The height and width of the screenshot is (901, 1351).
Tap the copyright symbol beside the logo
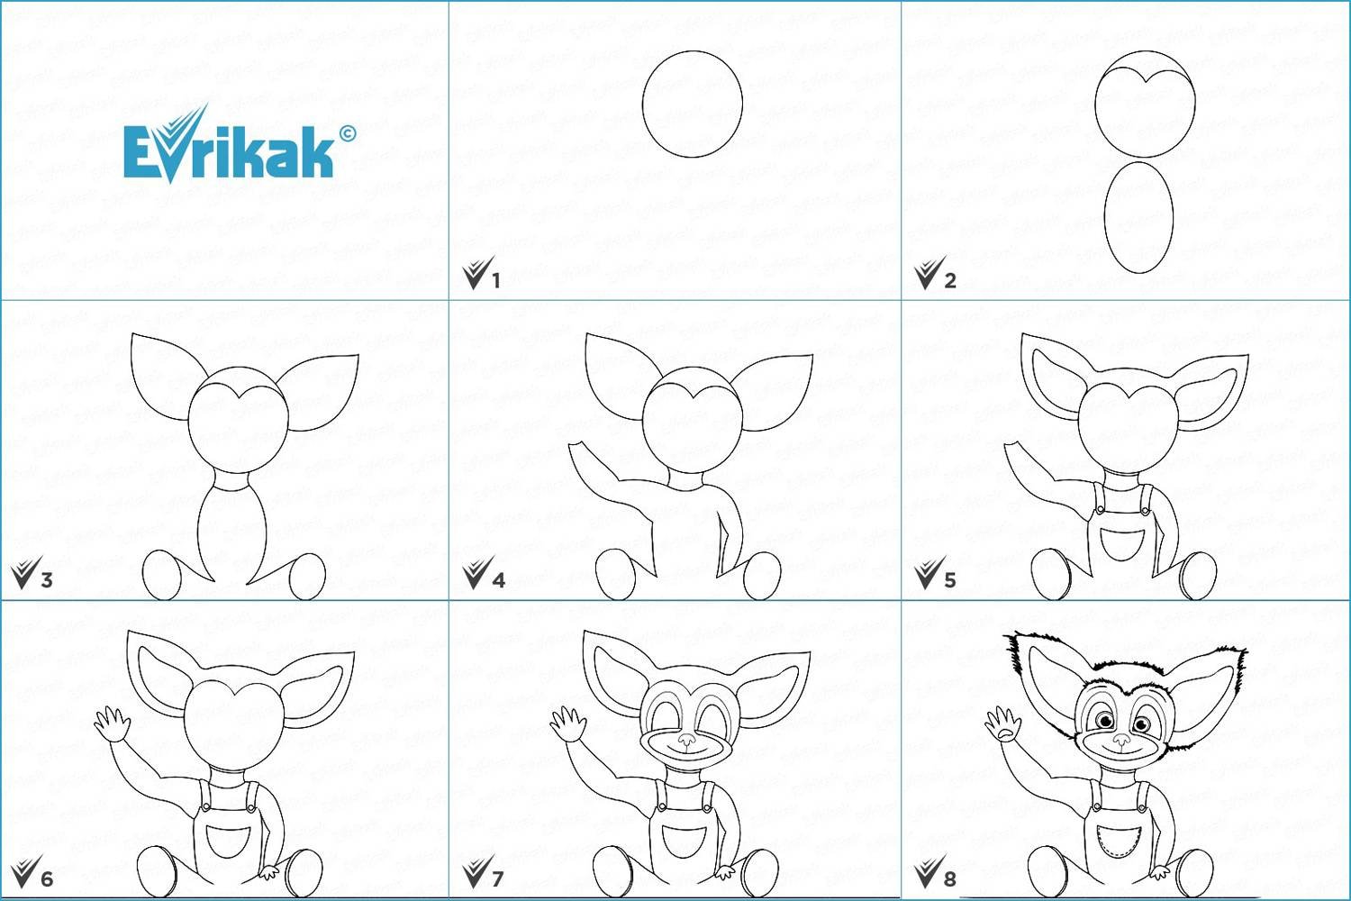point(348,133)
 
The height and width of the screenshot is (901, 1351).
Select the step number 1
point(495,280)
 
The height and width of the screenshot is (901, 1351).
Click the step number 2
point(950,280)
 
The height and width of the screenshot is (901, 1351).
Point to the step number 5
point(950,580)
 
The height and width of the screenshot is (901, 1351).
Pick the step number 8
point(950,879)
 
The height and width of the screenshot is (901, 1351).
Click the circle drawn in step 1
point(693,104)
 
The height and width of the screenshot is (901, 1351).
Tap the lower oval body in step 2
point(1138,217)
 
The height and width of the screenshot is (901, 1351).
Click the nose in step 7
point(686,739)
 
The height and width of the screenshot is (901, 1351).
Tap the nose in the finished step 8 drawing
point(1121,739)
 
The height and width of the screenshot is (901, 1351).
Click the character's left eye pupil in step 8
point(1105,721)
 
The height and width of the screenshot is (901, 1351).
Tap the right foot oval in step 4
point(762,576)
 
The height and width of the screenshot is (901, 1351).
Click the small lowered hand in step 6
point(269,872)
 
